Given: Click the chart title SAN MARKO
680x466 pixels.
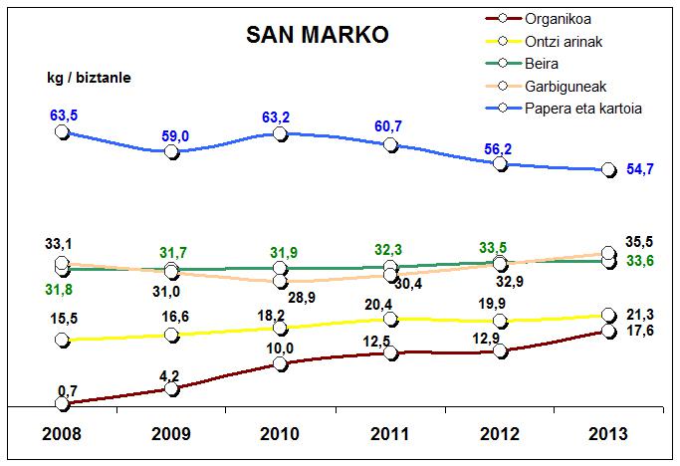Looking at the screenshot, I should point(317,34).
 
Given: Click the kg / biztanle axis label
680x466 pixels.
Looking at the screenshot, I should point(90,77).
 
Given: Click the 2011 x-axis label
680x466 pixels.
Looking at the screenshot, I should point(390,436).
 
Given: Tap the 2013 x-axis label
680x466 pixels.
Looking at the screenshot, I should point(608,436).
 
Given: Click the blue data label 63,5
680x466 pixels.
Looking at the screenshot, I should point(64,116).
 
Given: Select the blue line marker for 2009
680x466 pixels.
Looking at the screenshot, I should point(171,151).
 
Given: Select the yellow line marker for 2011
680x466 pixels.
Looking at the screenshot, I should point(390,319).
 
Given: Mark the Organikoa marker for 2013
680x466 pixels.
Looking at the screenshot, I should point(608,331).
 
